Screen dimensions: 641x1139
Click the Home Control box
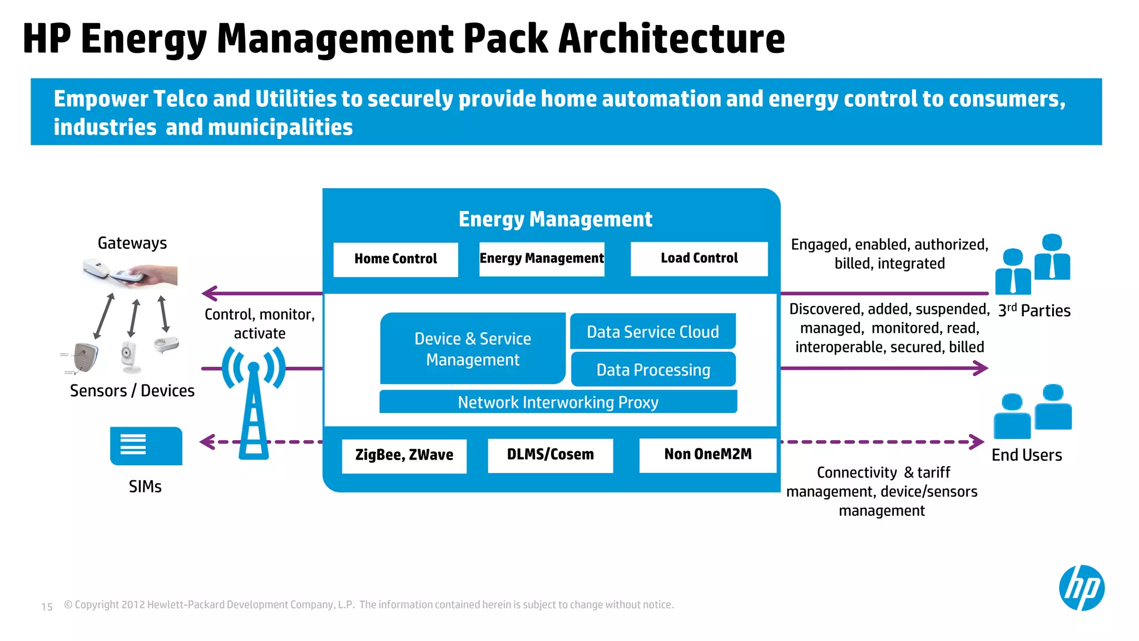(395, 259)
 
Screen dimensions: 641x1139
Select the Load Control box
(699, 259)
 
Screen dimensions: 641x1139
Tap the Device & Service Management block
(472, 349)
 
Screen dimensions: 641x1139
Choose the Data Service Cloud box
(652, 332)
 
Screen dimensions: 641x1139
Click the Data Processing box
(653, 369)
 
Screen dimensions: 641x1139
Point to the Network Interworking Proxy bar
(558, 402)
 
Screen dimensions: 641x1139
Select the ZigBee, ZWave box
(404, 455)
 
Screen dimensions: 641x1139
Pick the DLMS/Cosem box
(550, 455)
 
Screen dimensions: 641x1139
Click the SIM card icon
(146, 446)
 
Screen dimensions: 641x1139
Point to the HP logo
(1081, 588)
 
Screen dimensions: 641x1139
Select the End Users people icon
(1033, 411)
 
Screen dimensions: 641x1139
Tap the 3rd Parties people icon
(1033, 264)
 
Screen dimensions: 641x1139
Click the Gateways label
(132, 243)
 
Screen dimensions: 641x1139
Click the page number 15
(47, 607)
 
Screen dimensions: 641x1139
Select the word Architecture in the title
(671, 39)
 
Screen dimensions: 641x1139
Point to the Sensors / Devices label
(132, 391)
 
